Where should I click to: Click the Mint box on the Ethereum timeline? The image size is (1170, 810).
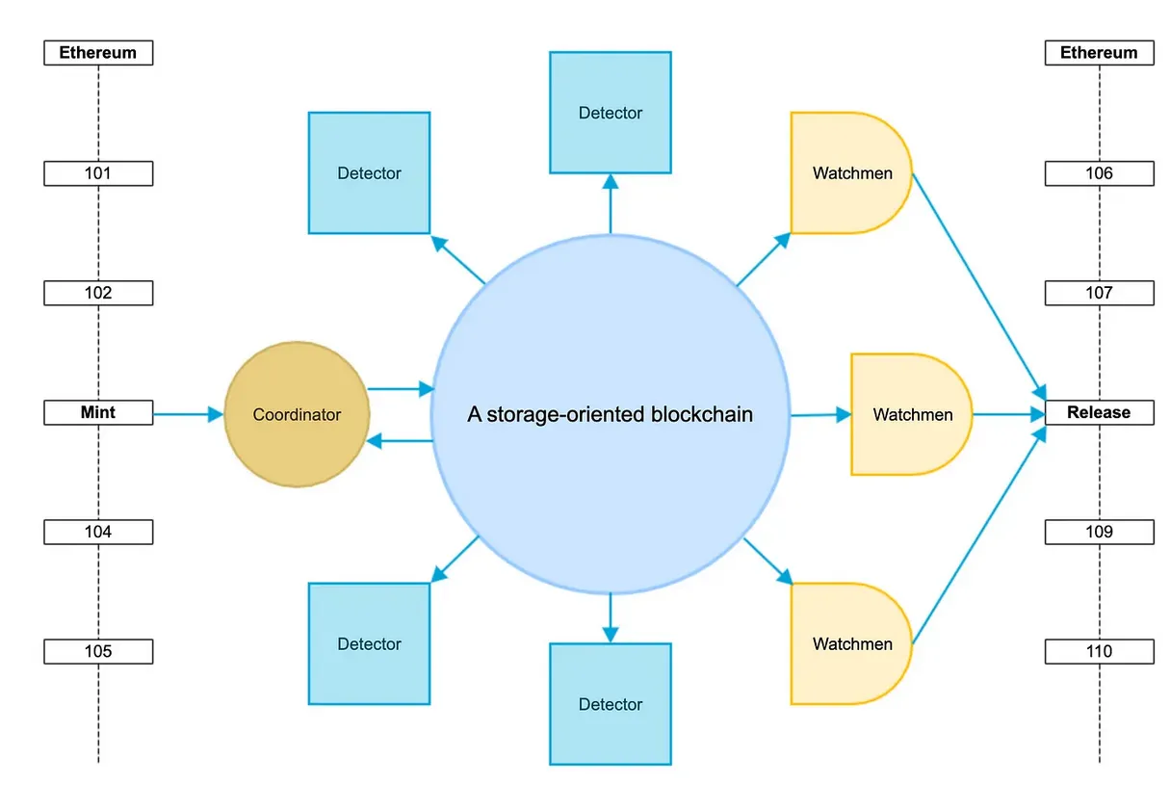pyautogui.click(x=98, y=413)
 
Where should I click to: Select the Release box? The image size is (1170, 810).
pyautogui.click(x=1099, y=413)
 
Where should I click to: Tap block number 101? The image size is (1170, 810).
pyautogui.click(x=98, y=173)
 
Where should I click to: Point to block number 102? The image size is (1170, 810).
pyautogui.click(x=98, y=293)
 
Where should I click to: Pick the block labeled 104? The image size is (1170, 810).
pyautogui.click(x=98, y=532)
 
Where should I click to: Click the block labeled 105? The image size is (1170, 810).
pyautogui.click(x=98, y=651)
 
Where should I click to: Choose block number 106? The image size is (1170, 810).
pyautogui.click(x=1099, y=173)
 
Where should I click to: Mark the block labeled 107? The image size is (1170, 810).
pyautogui.click(x=1099, y=293)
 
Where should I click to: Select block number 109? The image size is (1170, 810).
pyautogui.click(x=1099, y=532)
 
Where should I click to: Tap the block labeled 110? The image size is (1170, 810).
pyautogui.click(x=1099, y=651)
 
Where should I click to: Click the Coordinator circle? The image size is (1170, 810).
pyautogui.click(x=297, y=415)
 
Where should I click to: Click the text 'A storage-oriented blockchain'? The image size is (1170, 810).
pyautogui.click(x=610, y=415)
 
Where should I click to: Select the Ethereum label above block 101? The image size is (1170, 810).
pyautogui.click(x=98, y=53)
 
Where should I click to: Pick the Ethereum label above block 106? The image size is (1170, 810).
pyautogui.click(x=1099, y=53)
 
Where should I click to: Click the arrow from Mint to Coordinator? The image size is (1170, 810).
pyautogui.click(x=188, y=414)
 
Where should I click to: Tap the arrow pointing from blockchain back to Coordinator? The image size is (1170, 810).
pyautogui.click(x=401, y=441)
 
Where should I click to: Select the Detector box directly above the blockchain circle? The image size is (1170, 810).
pyautogui.click(x=610, y=113)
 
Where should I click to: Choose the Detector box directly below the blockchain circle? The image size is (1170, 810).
pyautogui.click(x=610, y=704)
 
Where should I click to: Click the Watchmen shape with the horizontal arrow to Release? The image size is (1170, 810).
pyautogui.click(x=911, y=415)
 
